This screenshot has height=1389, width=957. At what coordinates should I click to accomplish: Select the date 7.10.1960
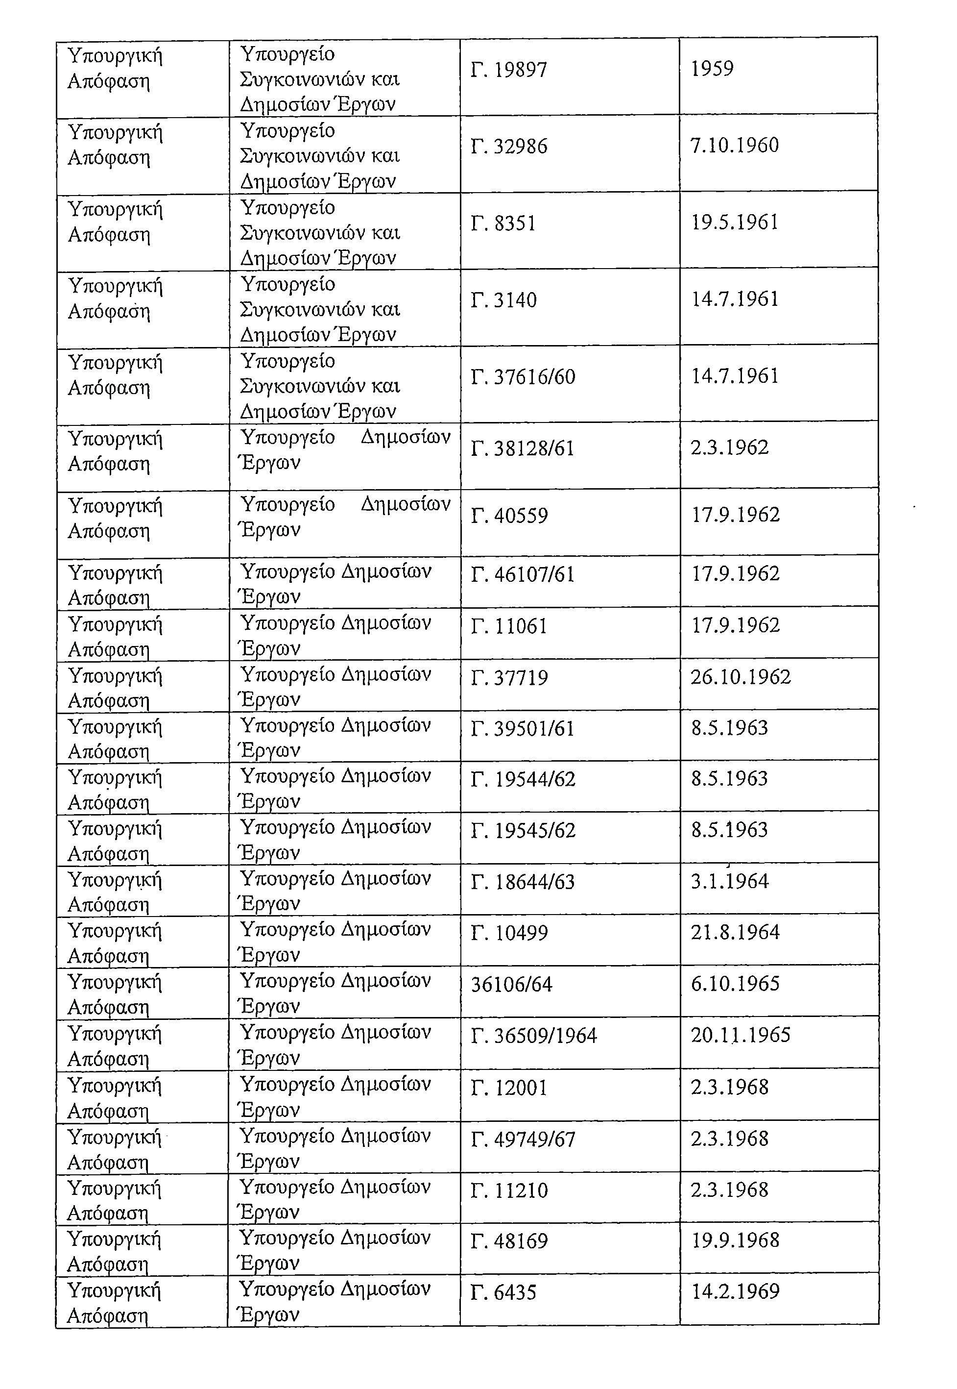tap(735, 145)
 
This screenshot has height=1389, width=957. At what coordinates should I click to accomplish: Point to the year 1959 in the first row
tap(712, 69)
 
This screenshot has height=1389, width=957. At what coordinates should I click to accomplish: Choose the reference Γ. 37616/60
tap(523, 377)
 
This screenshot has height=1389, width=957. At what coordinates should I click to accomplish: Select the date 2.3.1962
tap(729, 447)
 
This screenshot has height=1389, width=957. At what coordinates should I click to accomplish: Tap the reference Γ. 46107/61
tap(523, 575)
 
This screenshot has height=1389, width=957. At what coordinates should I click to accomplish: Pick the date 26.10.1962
tap(741, 677)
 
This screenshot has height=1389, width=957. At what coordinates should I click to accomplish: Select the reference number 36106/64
tap(511, 985)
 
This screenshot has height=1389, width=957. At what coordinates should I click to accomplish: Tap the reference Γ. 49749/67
tap(523, 1140)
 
